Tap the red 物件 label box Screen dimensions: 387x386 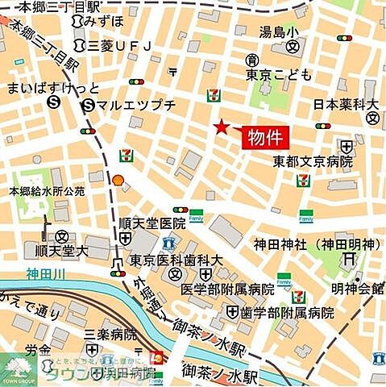point(265,136)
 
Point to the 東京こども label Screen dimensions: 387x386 point(278,74)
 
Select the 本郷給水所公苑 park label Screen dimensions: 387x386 point(47,192)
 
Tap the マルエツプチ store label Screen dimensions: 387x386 point(132,105)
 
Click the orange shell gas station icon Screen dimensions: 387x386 point(118,181)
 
